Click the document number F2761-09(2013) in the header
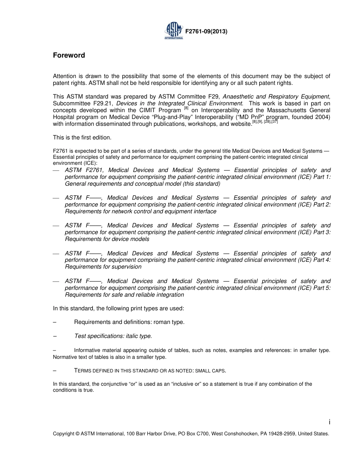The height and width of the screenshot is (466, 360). point(206,32)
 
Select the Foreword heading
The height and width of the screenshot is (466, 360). point(69,55)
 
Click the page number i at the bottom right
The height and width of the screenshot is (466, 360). point(329,422)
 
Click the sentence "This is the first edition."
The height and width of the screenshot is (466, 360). point(82,138)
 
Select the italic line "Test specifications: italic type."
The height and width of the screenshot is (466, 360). point(113,336)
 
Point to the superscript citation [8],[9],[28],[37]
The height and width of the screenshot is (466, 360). point(265,122)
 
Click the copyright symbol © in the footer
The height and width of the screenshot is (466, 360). point(77,434)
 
